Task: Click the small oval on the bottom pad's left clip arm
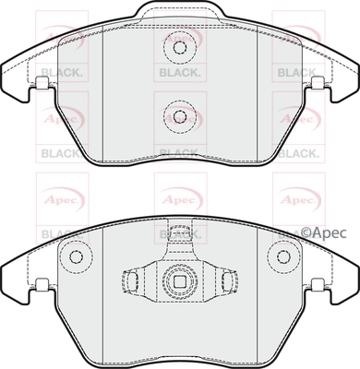pos(133,280)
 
